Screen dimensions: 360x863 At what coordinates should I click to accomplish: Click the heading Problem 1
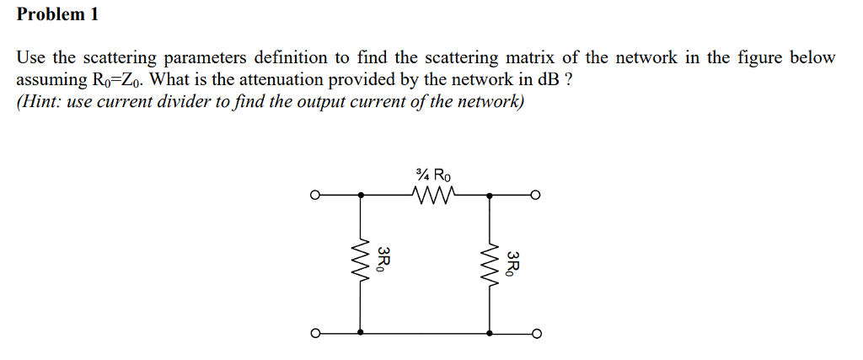(57, 14)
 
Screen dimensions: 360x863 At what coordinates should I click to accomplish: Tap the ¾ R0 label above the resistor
(434, 176)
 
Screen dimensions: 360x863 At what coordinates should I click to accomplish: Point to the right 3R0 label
(512, 263)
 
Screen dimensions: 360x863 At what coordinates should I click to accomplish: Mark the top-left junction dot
(362, 196)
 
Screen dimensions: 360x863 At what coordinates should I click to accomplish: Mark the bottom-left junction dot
(362, 332)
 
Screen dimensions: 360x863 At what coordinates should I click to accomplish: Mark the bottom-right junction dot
(489, 332)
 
